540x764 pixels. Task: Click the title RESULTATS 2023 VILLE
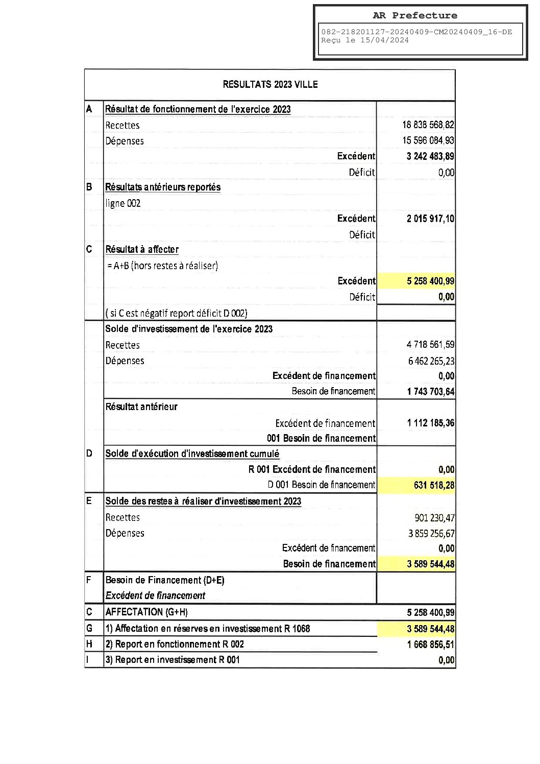270,84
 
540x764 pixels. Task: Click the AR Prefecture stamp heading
414,15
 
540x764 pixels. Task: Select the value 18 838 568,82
428,125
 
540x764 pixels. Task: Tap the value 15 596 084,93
428,140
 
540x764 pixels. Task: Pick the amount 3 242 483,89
430,156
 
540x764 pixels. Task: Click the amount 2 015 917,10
430,219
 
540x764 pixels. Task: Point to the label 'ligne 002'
123,203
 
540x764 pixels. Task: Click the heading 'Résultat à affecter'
142,249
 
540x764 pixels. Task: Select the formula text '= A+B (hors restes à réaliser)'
162,266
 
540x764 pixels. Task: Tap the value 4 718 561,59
430,345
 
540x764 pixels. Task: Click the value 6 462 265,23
431,361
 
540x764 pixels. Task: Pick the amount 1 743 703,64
430,392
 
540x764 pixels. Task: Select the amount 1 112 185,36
430,423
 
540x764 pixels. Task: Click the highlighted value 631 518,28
433,485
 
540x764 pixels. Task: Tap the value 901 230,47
434,518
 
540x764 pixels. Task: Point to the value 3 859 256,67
431,534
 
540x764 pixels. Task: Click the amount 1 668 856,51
430,644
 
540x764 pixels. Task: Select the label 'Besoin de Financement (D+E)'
165,580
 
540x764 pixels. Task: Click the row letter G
89,628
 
